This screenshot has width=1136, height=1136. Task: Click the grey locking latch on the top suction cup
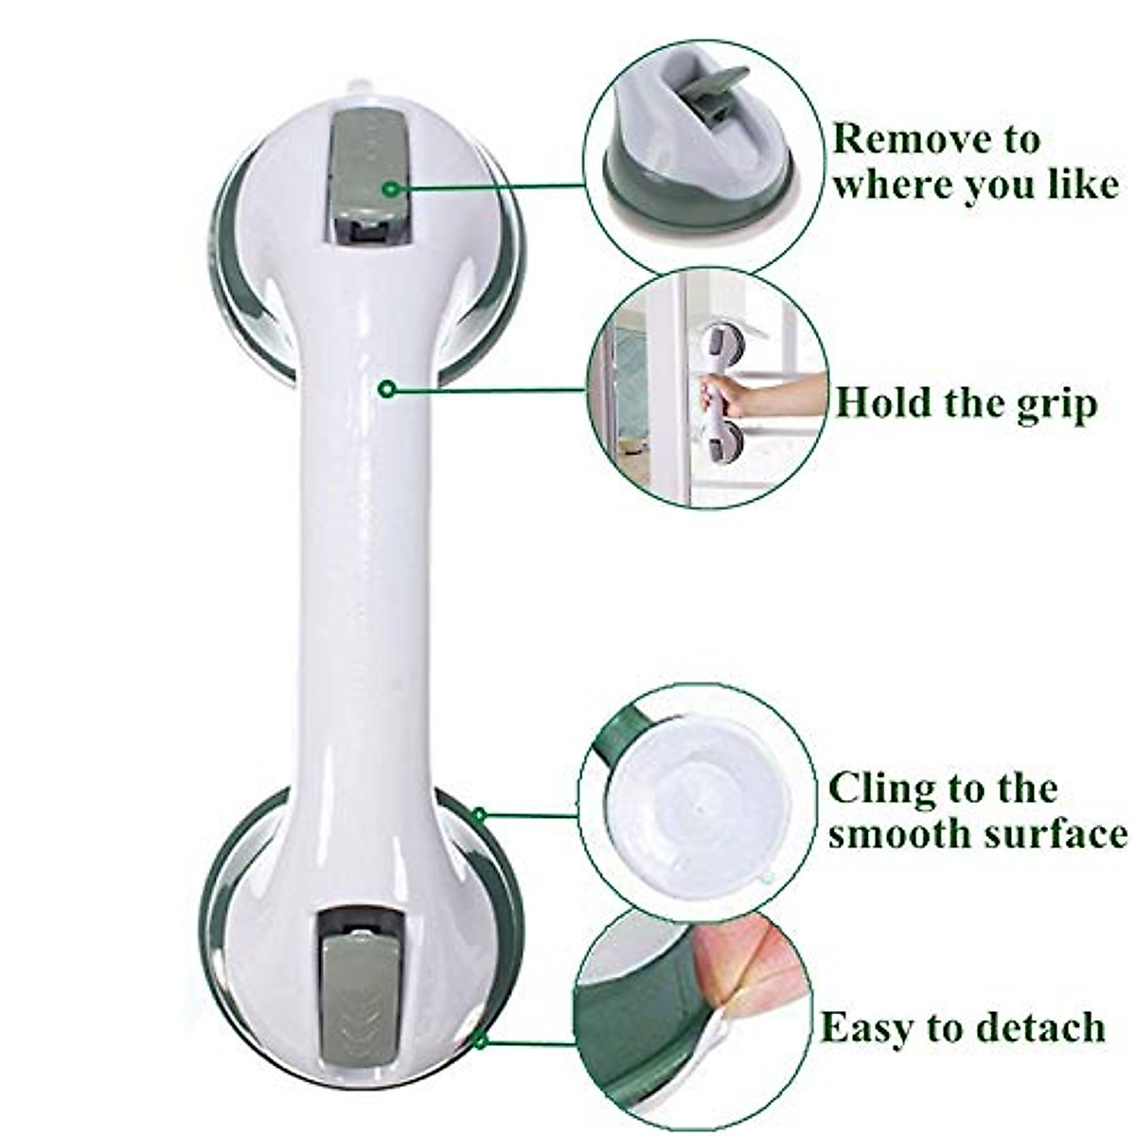click(371, 170)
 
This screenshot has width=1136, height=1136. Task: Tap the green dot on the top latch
click(389, 190)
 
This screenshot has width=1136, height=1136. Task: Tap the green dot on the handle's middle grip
click(385, 388)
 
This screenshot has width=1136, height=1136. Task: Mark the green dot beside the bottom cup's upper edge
click(480, 814)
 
